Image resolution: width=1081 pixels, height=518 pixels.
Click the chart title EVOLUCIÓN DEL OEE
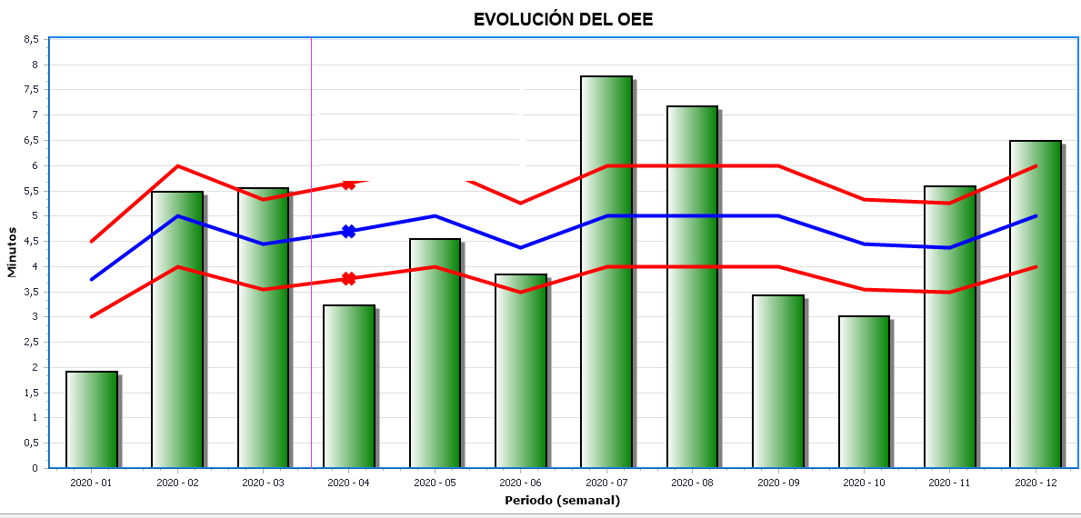point(563,19)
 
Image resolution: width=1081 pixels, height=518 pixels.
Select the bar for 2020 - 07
point(606,273)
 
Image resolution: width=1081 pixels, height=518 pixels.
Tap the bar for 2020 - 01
point(92,420)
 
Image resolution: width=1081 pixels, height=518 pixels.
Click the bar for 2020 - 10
point(864,392)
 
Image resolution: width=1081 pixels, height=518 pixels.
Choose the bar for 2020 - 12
point(1036,304)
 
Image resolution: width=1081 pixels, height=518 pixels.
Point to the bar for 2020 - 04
point(349,386)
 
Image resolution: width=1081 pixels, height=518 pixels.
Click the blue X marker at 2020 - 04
point(348,232)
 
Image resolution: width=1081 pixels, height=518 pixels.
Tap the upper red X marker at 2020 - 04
point(348,184)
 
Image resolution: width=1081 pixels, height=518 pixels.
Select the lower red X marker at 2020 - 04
point(348,278)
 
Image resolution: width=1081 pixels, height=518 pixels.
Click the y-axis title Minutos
point(12,253)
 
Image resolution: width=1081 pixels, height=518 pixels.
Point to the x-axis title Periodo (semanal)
point(562,500)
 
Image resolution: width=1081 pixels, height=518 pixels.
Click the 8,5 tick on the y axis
point(31,39)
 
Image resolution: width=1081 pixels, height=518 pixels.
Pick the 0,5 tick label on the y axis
point(31,443)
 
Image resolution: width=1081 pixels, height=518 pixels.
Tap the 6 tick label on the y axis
point(35,165)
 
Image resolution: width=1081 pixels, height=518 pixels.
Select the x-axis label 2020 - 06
point(520,482)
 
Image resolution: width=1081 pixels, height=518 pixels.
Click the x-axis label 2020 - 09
point(777,482)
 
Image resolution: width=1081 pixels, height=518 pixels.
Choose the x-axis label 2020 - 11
point(949,482)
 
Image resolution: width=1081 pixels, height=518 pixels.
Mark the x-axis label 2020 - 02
point(177,482)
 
